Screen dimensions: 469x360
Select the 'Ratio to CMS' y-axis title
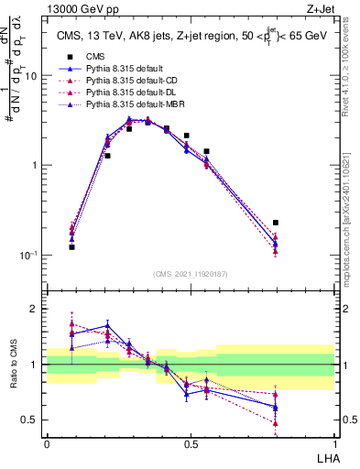coord(16,364)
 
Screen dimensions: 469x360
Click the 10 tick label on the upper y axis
coord(30,77)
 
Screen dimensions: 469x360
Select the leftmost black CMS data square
coord(72,247)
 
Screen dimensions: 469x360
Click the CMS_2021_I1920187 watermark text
coord(191,274)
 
